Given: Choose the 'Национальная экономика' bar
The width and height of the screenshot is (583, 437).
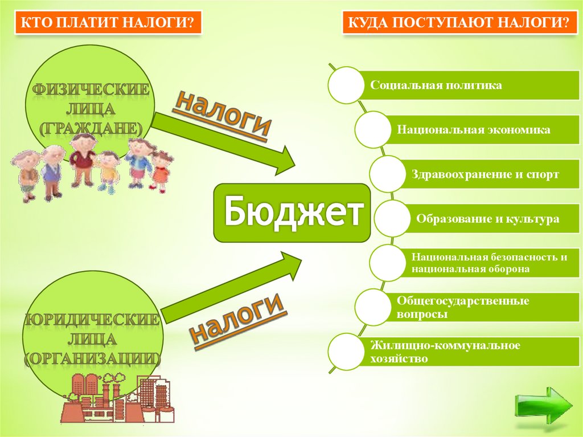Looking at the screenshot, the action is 474,130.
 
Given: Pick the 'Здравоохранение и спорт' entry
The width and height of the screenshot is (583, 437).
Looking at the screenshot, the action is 485,174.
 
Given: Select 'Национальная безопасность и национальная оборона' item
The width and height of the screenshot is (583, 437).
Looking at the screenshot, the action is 488,263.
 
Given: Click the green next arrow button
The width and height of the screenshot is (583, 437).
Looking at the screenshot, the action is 544,406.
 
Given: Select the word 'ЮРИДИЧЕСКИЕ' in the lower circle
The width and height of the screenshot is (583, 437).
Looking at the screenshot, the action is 91,320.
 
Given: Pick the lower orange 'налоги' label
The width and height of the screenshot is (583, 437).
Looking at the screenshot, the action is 237,318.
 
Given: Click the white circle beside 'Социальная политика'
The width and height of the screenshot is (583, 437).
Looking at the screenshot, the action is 345,85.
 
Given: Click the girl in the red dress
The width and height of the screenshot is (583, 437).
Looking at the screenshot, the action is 161,171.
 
